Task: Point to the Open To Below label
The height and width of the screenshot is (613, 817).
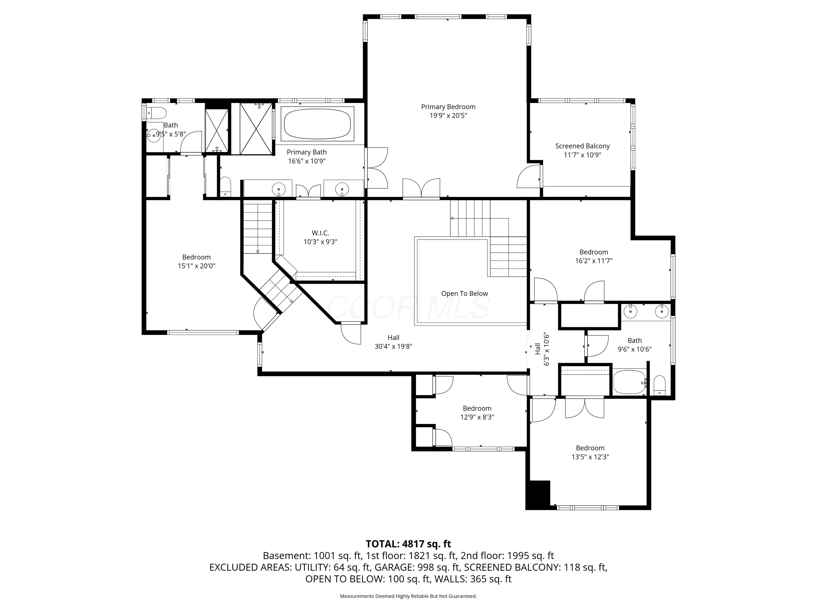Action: (464, 293)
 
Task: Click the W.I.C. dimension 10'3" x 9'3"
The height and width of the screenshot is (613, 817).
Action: (320, 242)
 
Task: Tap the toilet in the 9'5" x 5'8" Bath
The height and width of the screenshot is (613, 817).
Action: (157, 112)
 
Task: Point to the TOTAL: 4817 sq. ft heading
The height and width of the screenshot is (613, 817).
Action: (408, 544)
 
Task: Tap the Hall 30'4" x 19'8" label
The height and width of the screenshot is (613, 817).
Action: (393, 342)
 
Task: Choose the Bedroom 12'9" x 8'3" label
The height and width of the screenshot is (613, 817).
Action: (477, 412)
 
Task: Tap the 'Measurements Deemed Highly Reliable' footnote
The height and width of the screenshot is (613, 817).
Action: (408, 596)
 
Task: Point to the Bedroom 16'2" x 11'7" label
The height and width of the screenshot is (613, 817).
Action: (593, 256)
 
